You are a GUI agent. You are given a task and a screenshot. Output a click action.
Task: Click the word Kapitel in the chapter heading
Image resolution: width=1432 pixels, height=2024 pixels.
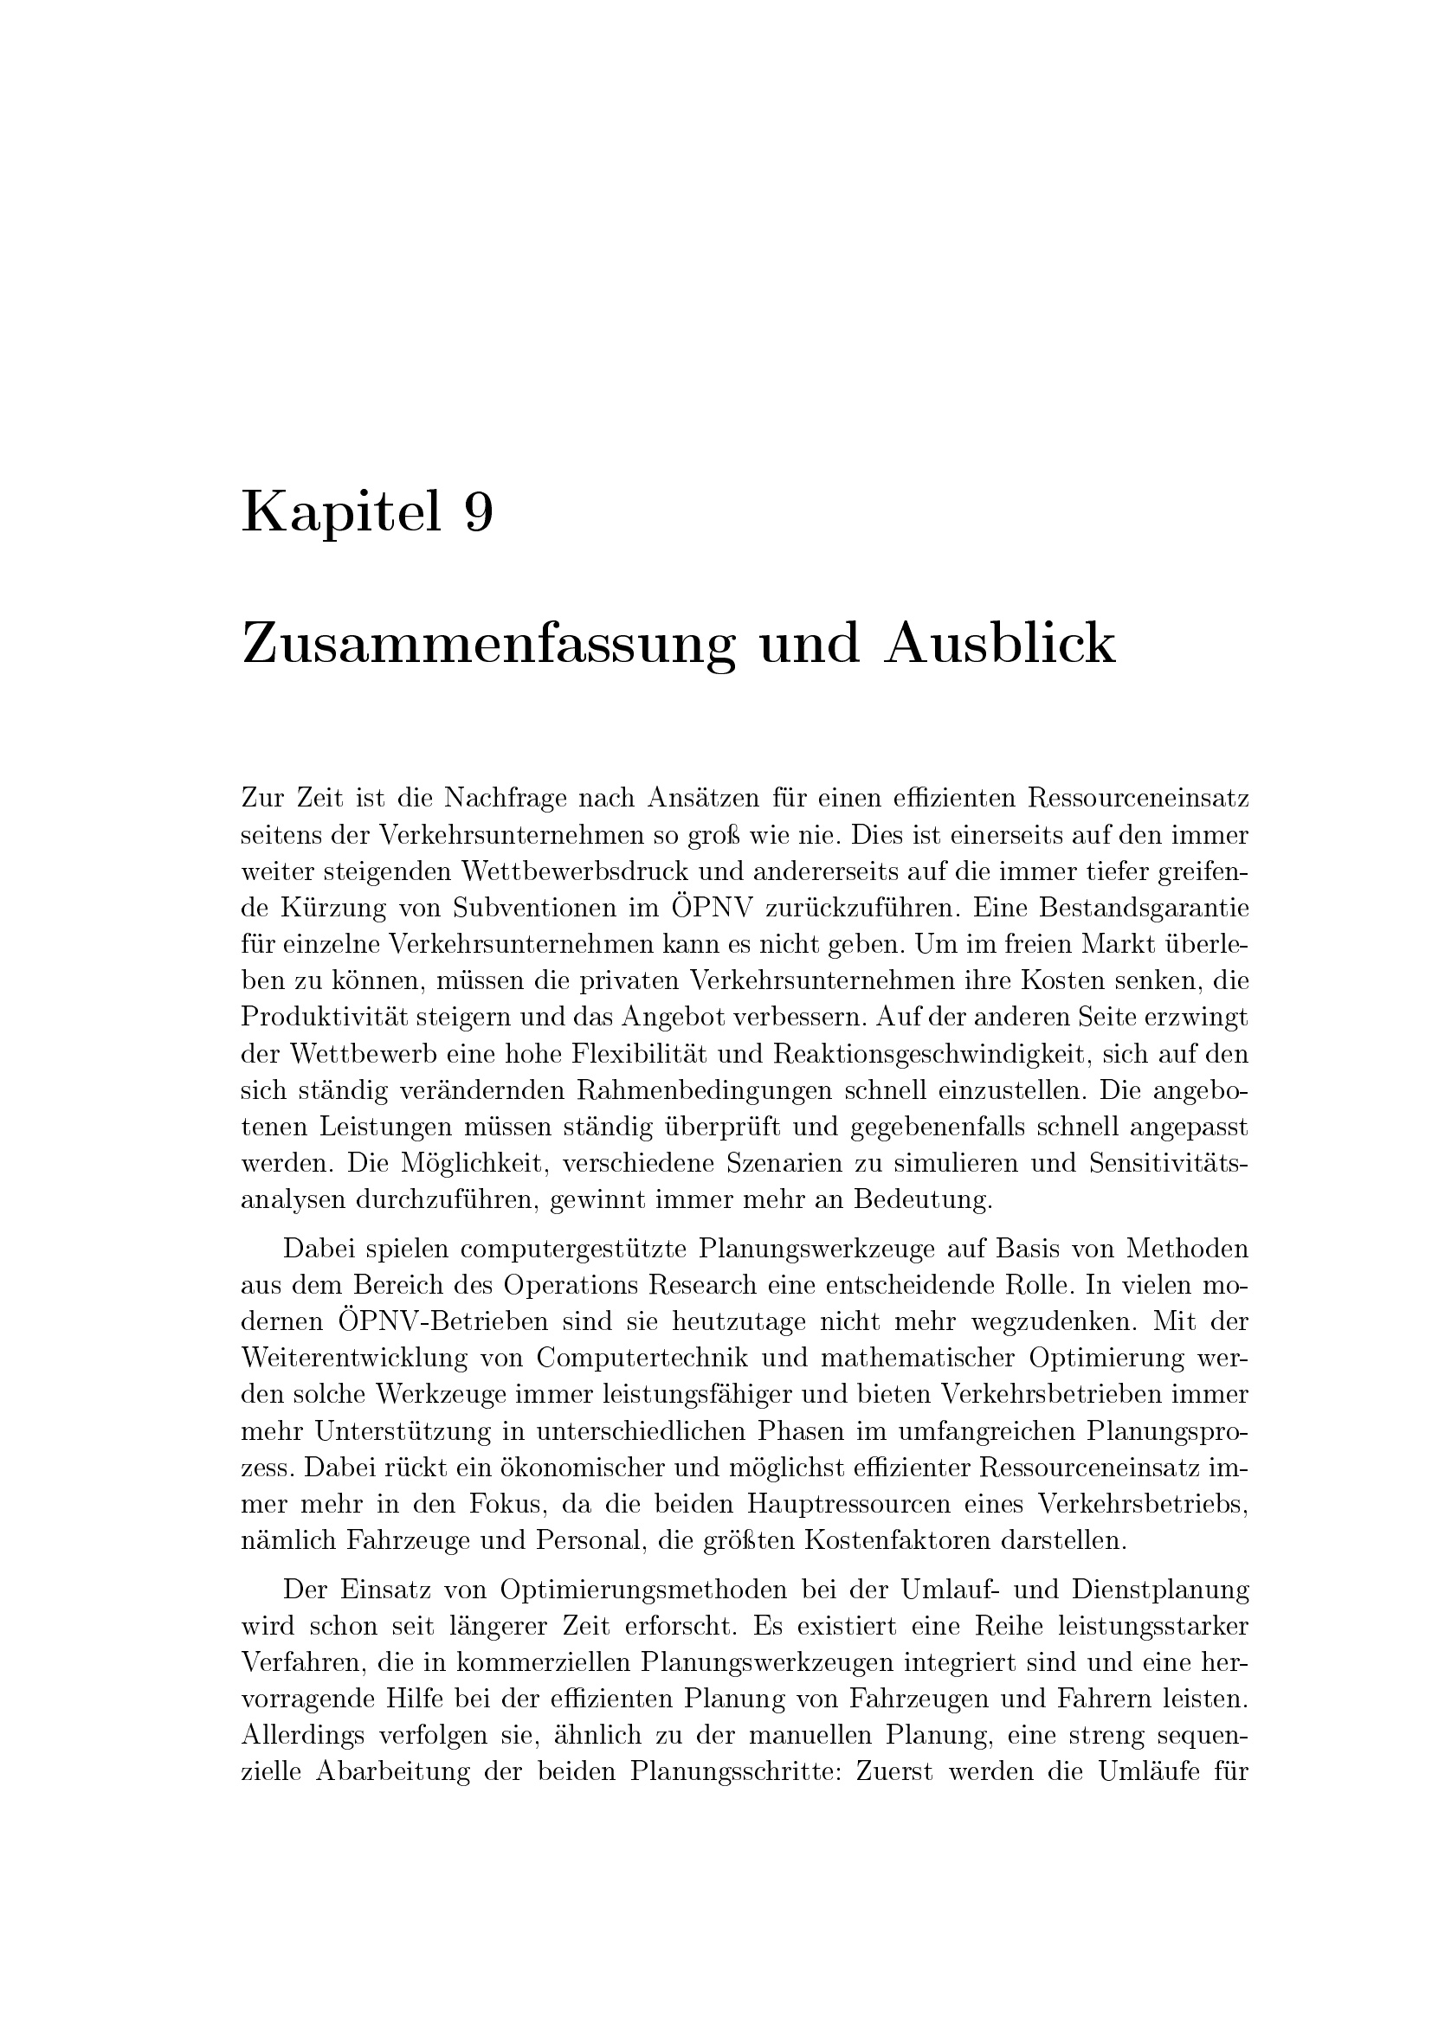coord(340,513)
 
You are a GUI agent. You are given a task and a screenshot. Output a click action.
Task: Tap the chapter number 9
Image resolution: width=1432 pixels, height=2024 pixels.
coord(478,513)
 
